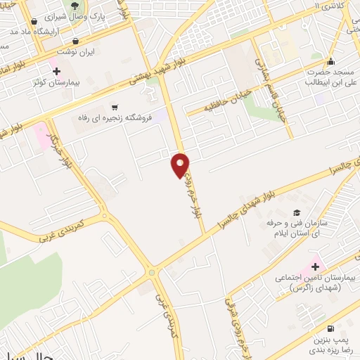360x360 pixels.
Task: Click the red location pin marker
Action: (181, 165)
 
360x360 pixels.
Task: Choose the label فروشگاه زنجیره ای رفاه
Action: (115, 119)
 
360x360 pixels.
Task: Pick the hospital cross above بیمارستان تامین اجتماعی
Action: (315, 266)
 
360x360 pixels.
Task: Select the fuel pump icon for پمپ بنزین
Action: (330, 328)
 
